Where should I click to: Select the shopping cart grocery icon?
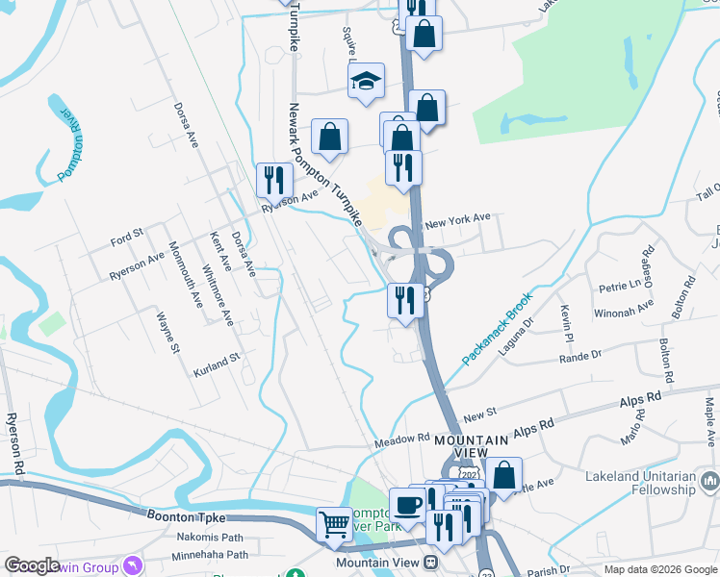335,524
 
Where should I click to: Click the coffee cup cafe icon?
406,505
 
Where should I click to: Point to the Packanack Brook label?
496,330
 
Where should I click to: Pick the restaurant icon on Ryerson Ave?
274,179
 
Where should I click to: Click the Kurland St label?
215,364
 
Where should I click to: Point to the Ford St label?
126,234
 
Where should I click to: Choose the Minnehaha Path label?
210,555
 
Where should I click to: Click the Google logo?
32,566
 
